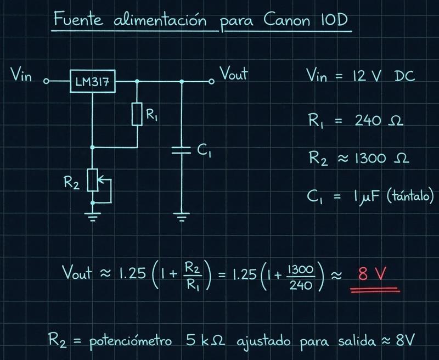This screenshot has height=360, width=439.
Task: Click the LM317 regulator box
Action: (x=92, y=81)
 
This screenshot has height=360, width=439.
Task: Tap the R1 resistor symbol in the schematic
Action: (x=137, y=114)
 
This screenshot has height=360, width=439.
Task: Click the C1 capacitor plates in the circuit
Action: (x=181, y=150)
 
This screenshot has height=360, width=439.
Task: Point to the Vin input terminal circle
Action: (x=47, y=81)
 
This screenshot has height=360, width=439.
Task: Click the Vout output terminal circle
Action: (x=211, y=81)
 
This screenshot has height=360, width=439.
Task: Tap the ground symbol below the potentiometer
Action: (x=93, y=216)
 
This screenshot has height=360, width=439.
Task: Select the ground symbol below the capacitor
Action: (x=182, y=217)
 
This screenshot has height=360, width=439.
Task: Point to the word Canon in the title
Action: (x=287, y=20)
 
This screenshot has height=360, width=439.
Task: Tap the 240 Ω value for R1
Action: (x=379, y=121)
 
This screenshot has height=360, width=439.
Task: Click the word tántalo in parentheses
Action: (x=410, y=196)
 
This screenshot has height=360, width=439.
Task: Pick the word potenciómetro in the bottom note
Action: (x=131, y=341)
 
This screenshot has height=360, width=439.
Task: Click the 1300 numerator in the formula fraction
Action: (x=300, y=269)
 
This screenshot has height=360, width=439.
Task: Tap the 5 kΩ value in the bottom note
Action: (x=205, y=340)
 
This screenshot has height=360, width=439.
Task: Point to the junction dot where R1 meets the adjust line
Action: (x=93, y=147)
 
